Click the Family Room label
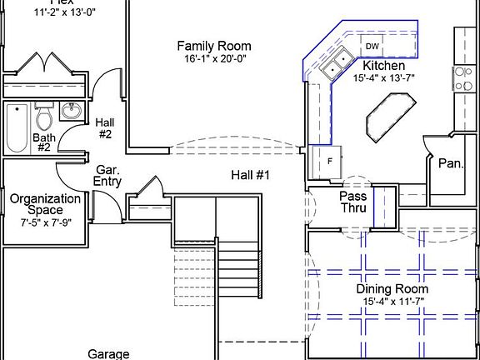[x=214, y=46]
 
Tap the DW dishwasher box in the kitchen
[x=372, y=47]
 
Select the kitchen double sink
[x=337, y=62]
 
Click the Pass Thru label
[x=353, y=202]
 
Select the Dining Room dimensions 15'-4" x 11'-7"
[x=392, y=302]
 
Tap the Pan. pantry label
[x=451, y=164]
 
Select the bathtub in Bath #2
[x=16, y=127]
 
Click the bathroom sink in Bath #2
[x=72, y=112]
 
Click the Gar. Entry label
[x=108, y=175]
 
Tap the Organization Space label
[x=45, y=205]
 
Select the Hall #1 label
[x=251, y=175]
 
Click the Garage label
[x=109, y=354]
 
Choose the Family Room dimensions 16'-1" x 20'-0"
[x=214, y=60]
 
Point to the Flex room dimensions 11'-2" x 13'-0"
[x=41, y=13]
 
